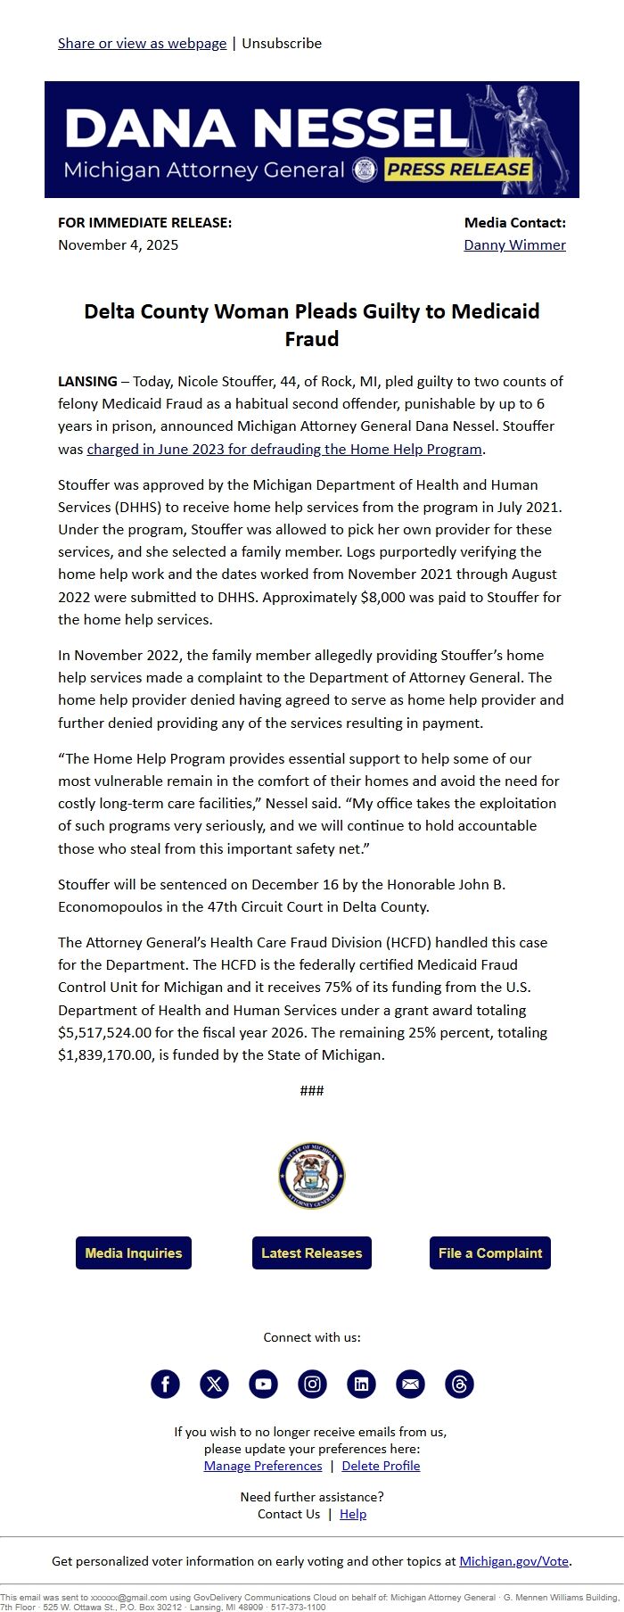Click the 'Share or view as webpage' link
[x=142, y=43]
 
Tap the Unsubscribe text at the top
[x=282, y=43]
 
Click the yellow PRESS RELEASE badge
[x=458, y=169]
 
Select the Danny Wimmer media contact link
[x=514, y=244]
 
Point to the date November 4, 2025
[x=118, y=244]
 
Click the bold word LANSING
[x=87, y=381]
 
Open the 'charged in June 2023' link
[x=284, y=449]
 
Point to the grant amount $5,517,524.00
[x=114, y=1032]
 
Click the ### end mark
[x=312, y=1090]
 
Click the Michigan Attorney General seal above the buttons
[x=312, y=1176]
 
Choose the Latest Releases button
[x=312, y=1252]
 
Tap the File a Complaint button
[x=490, y=1252]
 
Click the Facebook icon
[x=165, y=1384]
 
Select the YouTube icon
[x=263, y=1384]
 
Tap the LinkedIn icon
[x=361, y=1384]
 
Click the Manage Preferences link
[x=263, y=1466]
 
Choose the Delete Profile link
[x=381, y=1466]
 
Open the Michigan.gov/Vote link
[x=513, y=1560]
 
